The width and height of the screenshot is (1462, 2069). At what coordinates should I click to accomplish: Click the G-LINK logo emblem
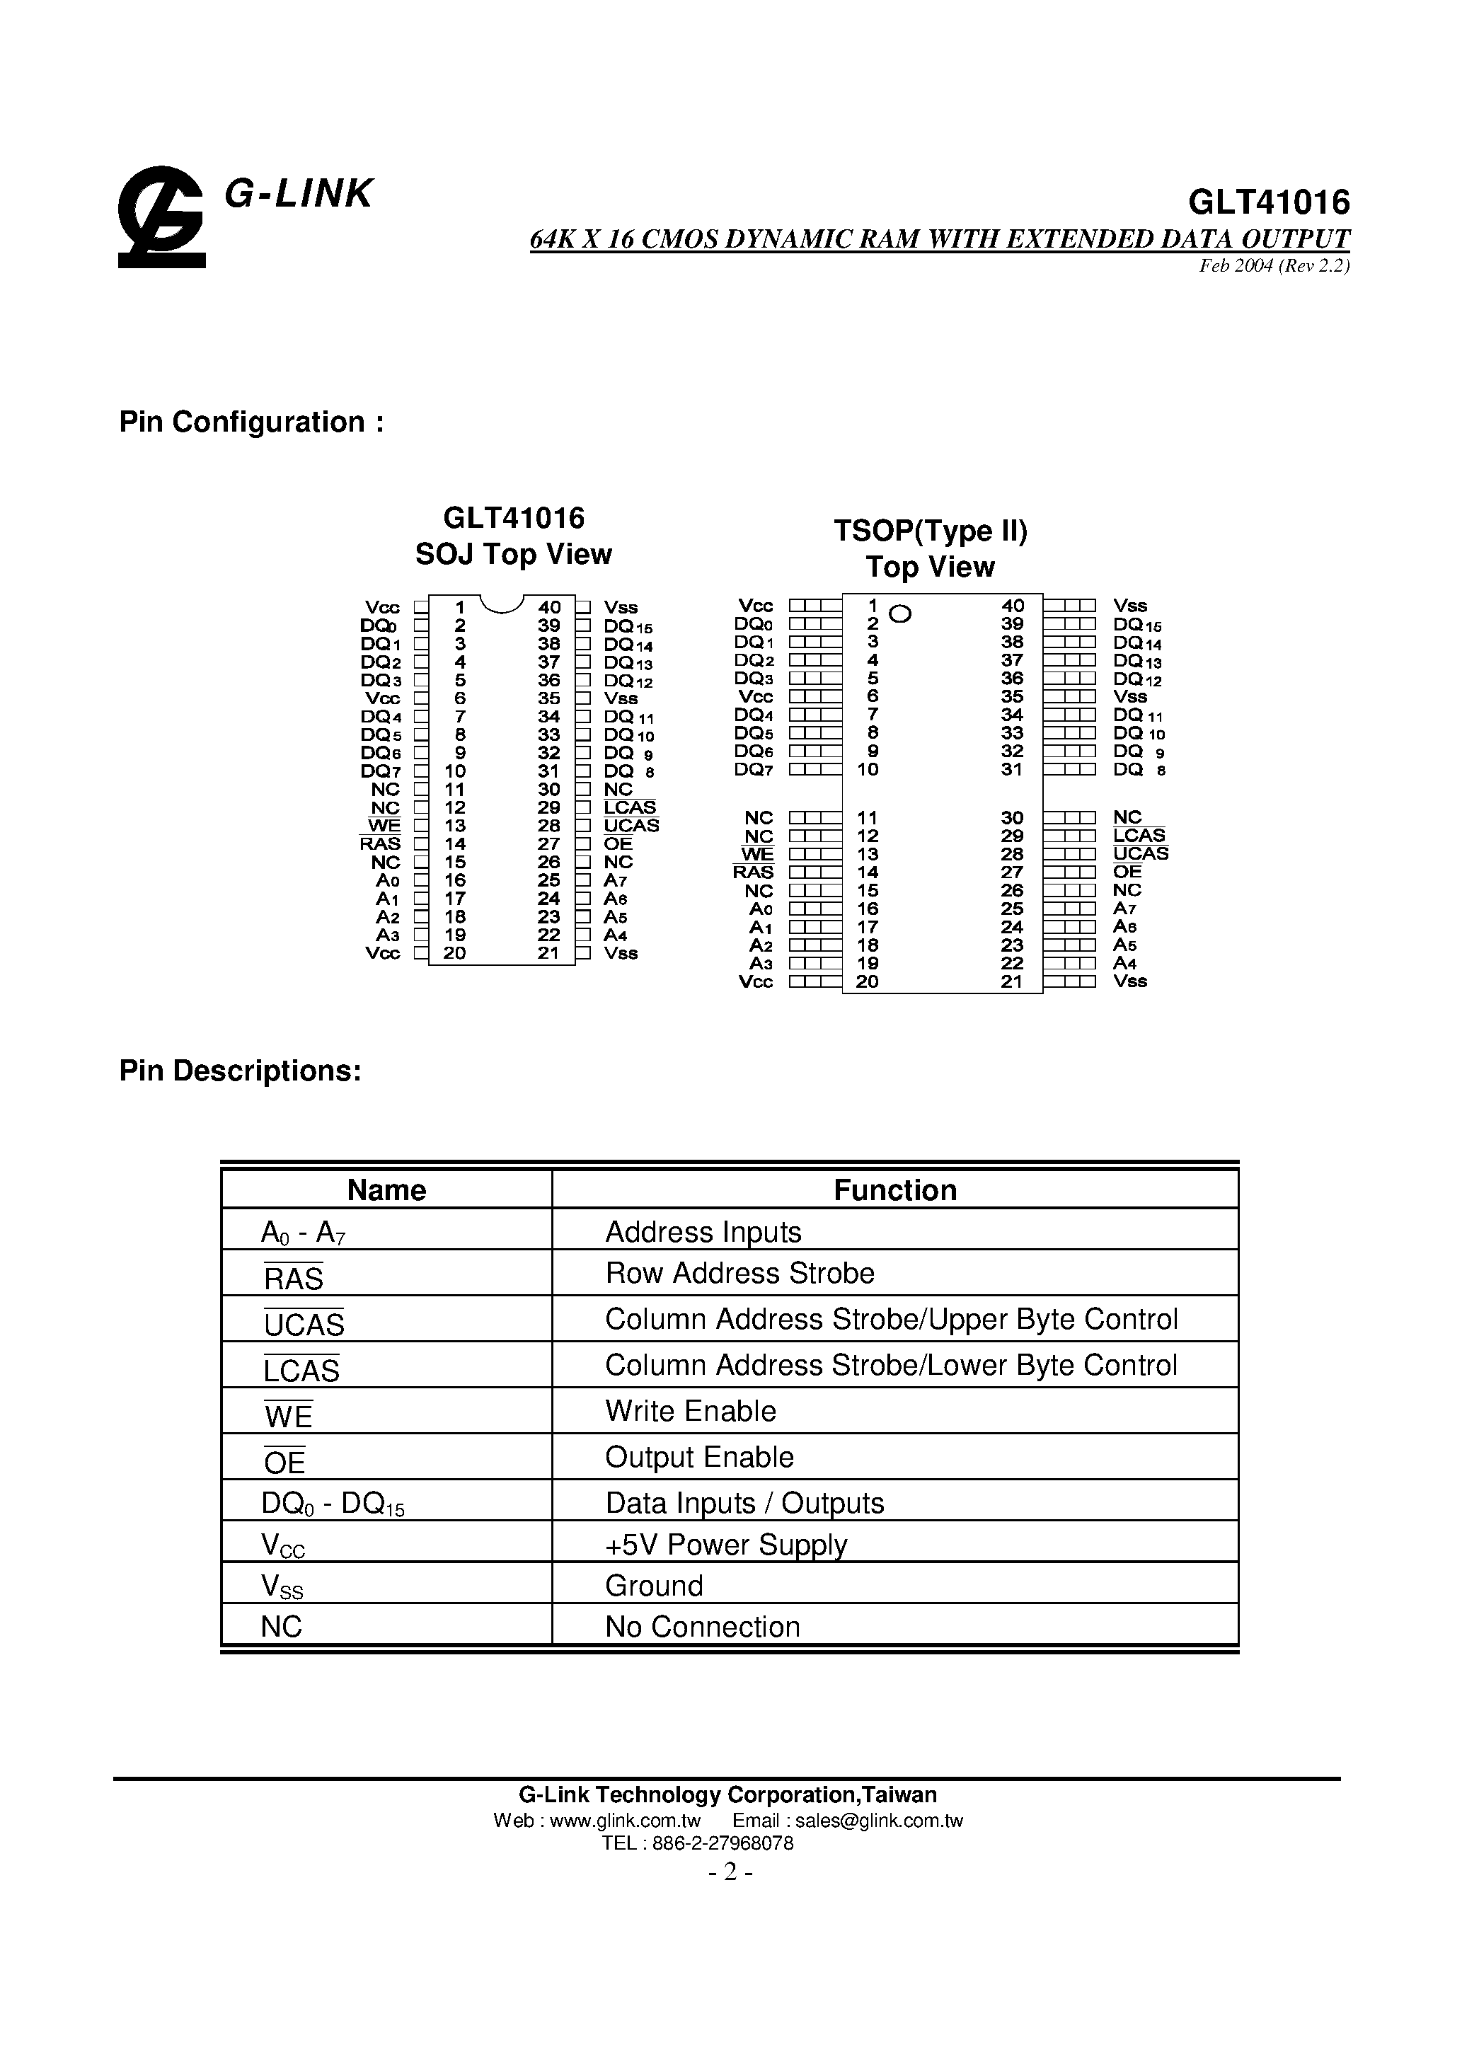[x=162, y=217]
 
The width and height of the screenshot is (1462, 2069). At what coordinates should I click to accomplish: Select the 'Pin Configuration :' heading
[x=251, y=422]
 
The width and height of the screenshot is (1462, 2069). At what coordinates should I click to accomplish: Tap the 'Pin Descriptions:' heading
[x=240, y=1071]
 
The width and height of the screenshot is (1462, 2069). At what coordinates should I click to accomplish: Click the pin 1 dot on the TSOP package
[x=899, y=615]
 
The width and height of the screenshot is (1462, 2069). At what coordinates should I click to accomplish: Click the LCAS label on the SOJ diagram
[x=630, y=807]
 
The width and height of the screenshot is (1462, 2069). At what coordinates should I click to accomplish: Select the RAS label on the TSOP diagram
[x=754, y=872]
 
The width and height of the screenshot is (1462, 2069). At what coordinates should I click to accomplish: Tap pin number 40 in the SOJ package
[x=549, y=607]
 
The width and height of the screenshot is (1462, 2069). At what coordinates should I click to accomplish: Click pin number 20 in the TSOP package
[x=867, y=981]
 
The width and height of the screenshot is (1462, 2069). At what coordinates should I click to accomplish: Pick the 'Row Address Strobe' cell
[x=740, y=1272]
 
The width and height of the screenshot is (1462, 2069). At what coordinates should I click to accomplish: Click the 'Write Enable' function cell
[x=691, y=1410]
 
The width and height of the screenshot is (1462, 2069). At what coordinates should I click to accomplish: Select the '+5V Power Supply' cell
[x=727, y=1545]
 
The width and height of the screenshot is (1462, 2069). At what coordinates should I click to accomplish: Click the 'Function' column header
[x=895, y=1189]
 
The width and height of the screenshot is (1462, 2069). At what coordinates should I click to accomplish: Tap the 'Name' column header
[x=386, y=1189]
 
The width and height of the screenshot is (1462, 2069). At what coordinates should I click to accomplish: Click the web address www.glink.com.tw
[x=625, y=1821]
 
